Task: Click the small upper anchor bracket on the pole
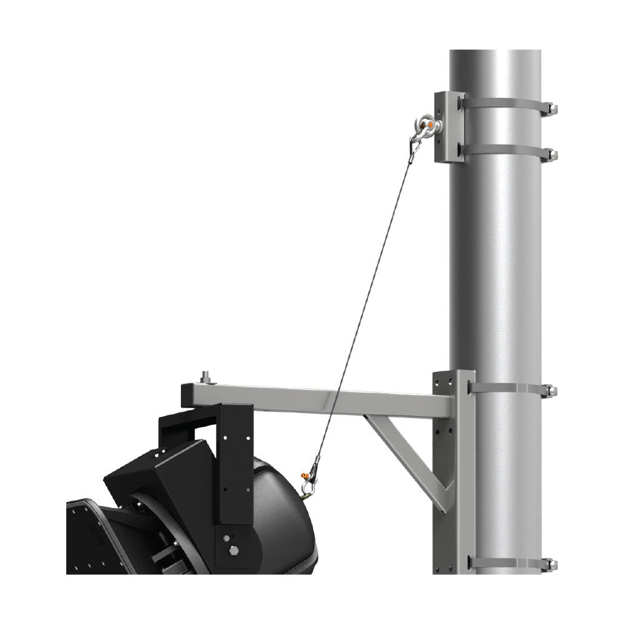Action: coord(450,127)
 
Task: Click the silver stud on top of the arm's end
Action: coord(205,378)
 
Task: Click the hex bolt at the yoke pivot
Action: coord(234,550)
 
